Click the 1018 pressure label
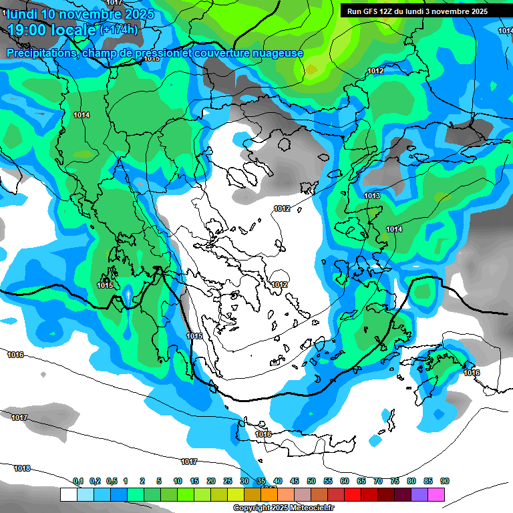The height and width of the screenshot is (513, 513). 22,468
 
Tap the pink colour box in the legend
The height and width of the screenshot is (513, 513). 436,495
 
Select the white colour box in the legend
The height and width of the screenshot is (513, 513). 68,495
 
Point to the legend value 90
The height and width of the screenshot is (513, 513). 445,481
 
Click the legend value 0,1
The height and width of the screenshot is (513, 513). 78,481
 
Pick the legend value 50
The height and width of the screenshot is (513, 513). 311,481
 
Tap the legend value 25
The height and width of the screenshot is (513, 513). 228,481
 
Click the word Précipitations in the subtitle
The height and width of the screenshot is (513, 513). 41,53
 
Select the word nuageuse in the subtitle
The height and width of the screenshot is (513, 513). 277,53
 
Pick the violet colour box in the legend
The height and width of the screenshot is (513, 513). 419,495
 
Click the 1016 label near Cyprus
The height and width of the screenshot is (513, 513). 472,373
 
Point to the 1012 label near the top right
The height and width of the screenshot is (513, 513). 375,71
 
